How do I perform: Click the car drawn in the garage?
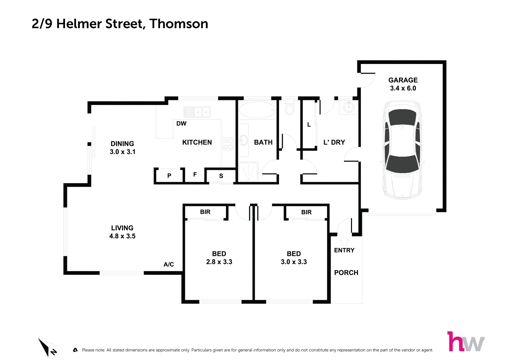click(x=403, y=150)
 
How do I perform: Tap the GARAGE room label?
click(x=403, y=80)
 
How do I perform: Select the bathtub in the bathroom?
click(x=257, y=110)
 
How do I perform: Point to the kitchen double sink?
click(x=197, y=112)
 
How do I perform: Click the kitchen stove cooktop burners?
click(x=228, y=144)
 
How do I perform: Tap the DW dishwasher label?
click(x=181, y=124)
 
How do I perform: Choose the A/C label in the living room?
click(x=169, y=264)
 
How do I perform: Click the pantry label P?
click(x=169, y=176)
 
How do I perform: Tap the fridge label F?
click(x=195, y=174)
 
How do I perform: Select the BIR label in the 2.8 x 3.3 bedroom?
click(x=205, y=212)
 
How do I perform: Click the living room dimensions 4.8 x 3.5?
click(x=122, y=236)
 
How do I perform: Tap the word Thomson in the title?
click(x=179, y=24)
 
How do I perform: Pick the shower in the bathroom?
click(x=248, y=172)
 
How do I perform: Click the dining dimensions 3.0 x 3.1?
click(x=122, y=152)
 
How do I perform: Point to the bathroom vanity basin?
click(x=243, y=140)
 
